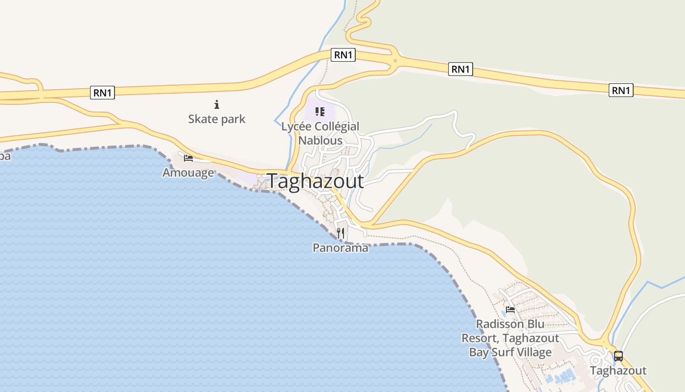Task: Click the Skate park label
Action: (217, 119)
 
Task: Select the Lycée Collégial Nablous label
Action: (320, 133)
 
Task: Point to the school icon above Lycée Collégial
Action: (320, 112)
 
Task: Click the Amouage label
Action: (188, 173)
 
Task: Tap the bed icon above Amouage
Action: (188, 158)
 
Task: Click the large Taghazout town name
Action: (316, 181)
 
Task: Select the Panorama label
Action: (341, 248)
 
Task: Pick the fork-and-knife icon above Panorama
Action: (341, 233)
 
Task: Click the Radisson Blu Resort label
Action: (510, 338)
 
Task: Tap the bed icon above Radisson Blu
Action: (510, 310)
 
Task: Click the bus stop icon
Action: (618, 356)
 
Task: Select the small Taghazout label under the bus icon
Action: (618, 371)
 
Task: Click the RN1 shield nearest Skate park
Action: (102, 93)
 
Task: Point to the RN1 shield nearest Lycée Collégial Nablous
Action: (343, 55)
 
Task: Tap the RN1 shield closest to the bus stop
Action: (621, 90)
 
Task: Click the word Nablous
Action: (320, 140)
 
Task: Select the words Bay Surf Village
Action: (510, 352)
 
